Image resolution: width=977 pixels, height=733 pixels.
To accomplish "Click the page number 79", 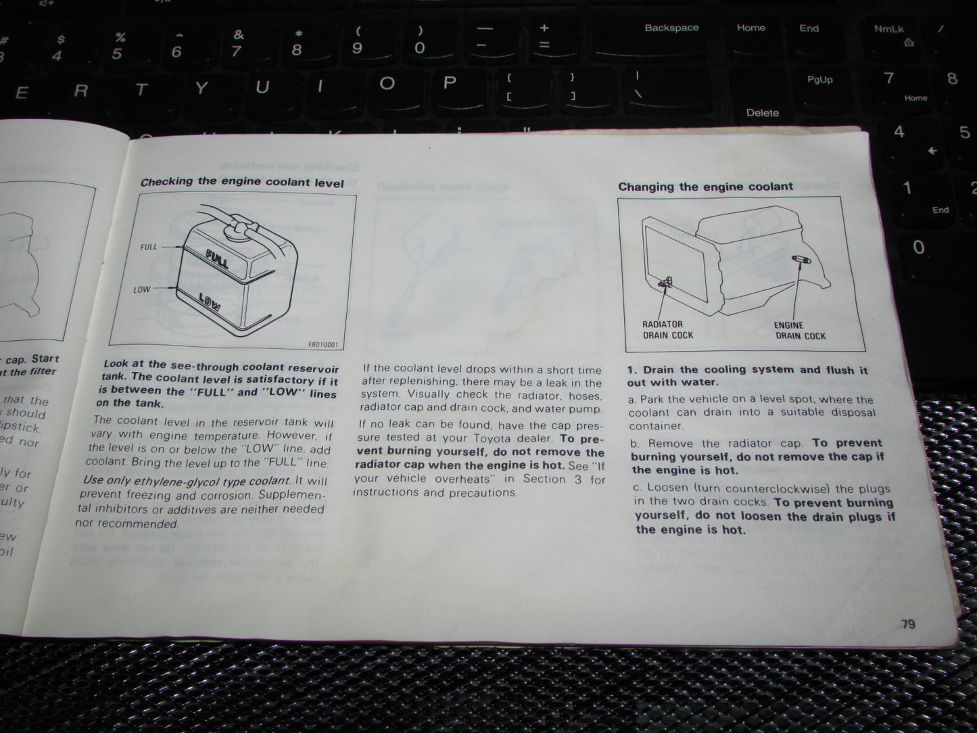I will point(908,623).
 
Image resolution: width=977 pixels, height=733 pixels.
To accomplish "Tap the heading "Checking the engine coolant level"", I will point(242,183).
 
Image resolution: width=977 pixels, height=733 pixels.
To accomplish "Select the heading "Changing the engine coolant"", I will point(705,187).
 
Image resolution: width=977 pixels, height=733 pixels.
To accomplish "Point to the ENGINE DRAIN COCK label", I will point(800,331).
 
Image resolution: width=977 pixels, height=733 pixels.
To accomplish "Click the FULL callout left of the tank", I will point(149,247).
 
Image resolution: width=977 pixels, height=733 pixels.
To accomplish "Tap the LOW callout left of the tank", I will point(142,289).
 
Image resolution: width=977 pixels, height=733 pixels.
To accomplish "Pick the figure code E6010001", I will point(323,345).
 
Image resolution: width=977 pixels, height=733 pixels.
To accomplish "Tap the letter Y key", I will point(201,88).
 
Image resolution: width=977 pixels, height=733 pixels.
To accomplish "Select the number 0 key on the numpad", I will point(918,247).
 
